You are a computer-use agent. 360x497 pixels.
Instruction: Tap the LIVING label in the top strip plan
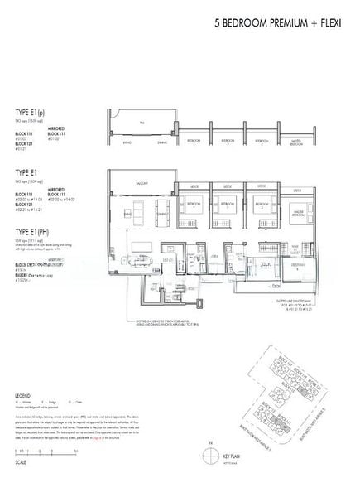(124, 142)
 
